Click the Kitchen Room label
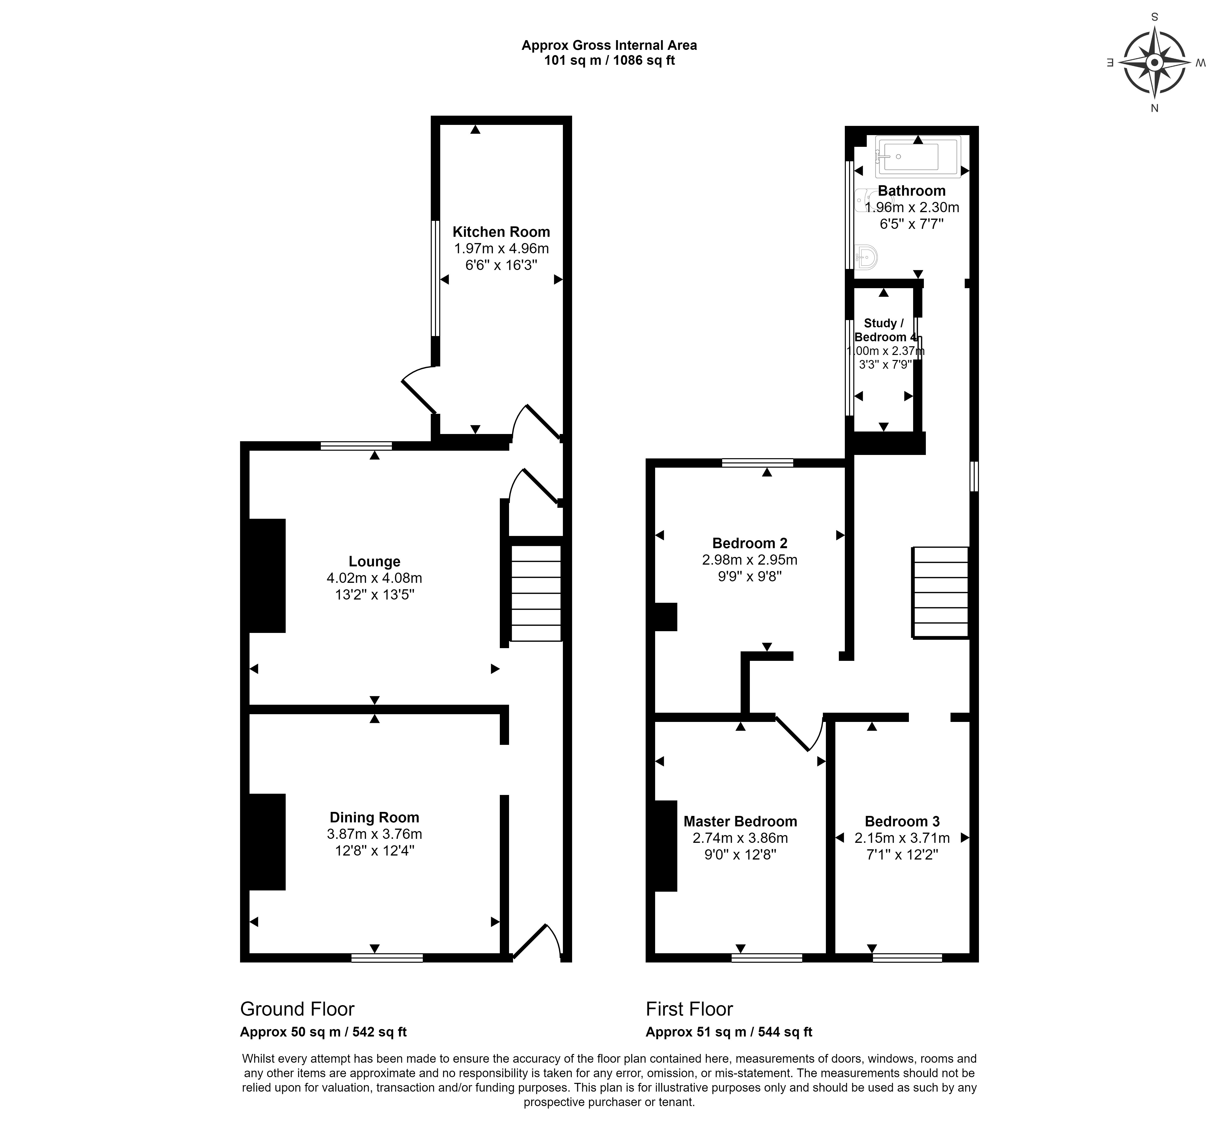pos(501,232)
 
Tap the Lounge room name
pos(374,562)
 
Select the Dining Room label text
pos(374,817)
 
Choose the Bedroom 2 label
pos(750,543)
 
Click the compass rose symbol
pos(1154,63)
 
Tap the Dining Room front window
pos(387,958)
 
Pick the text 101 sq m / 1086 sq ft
pos(609,60)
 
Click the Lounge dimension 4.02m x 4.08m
pos(374,578)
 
